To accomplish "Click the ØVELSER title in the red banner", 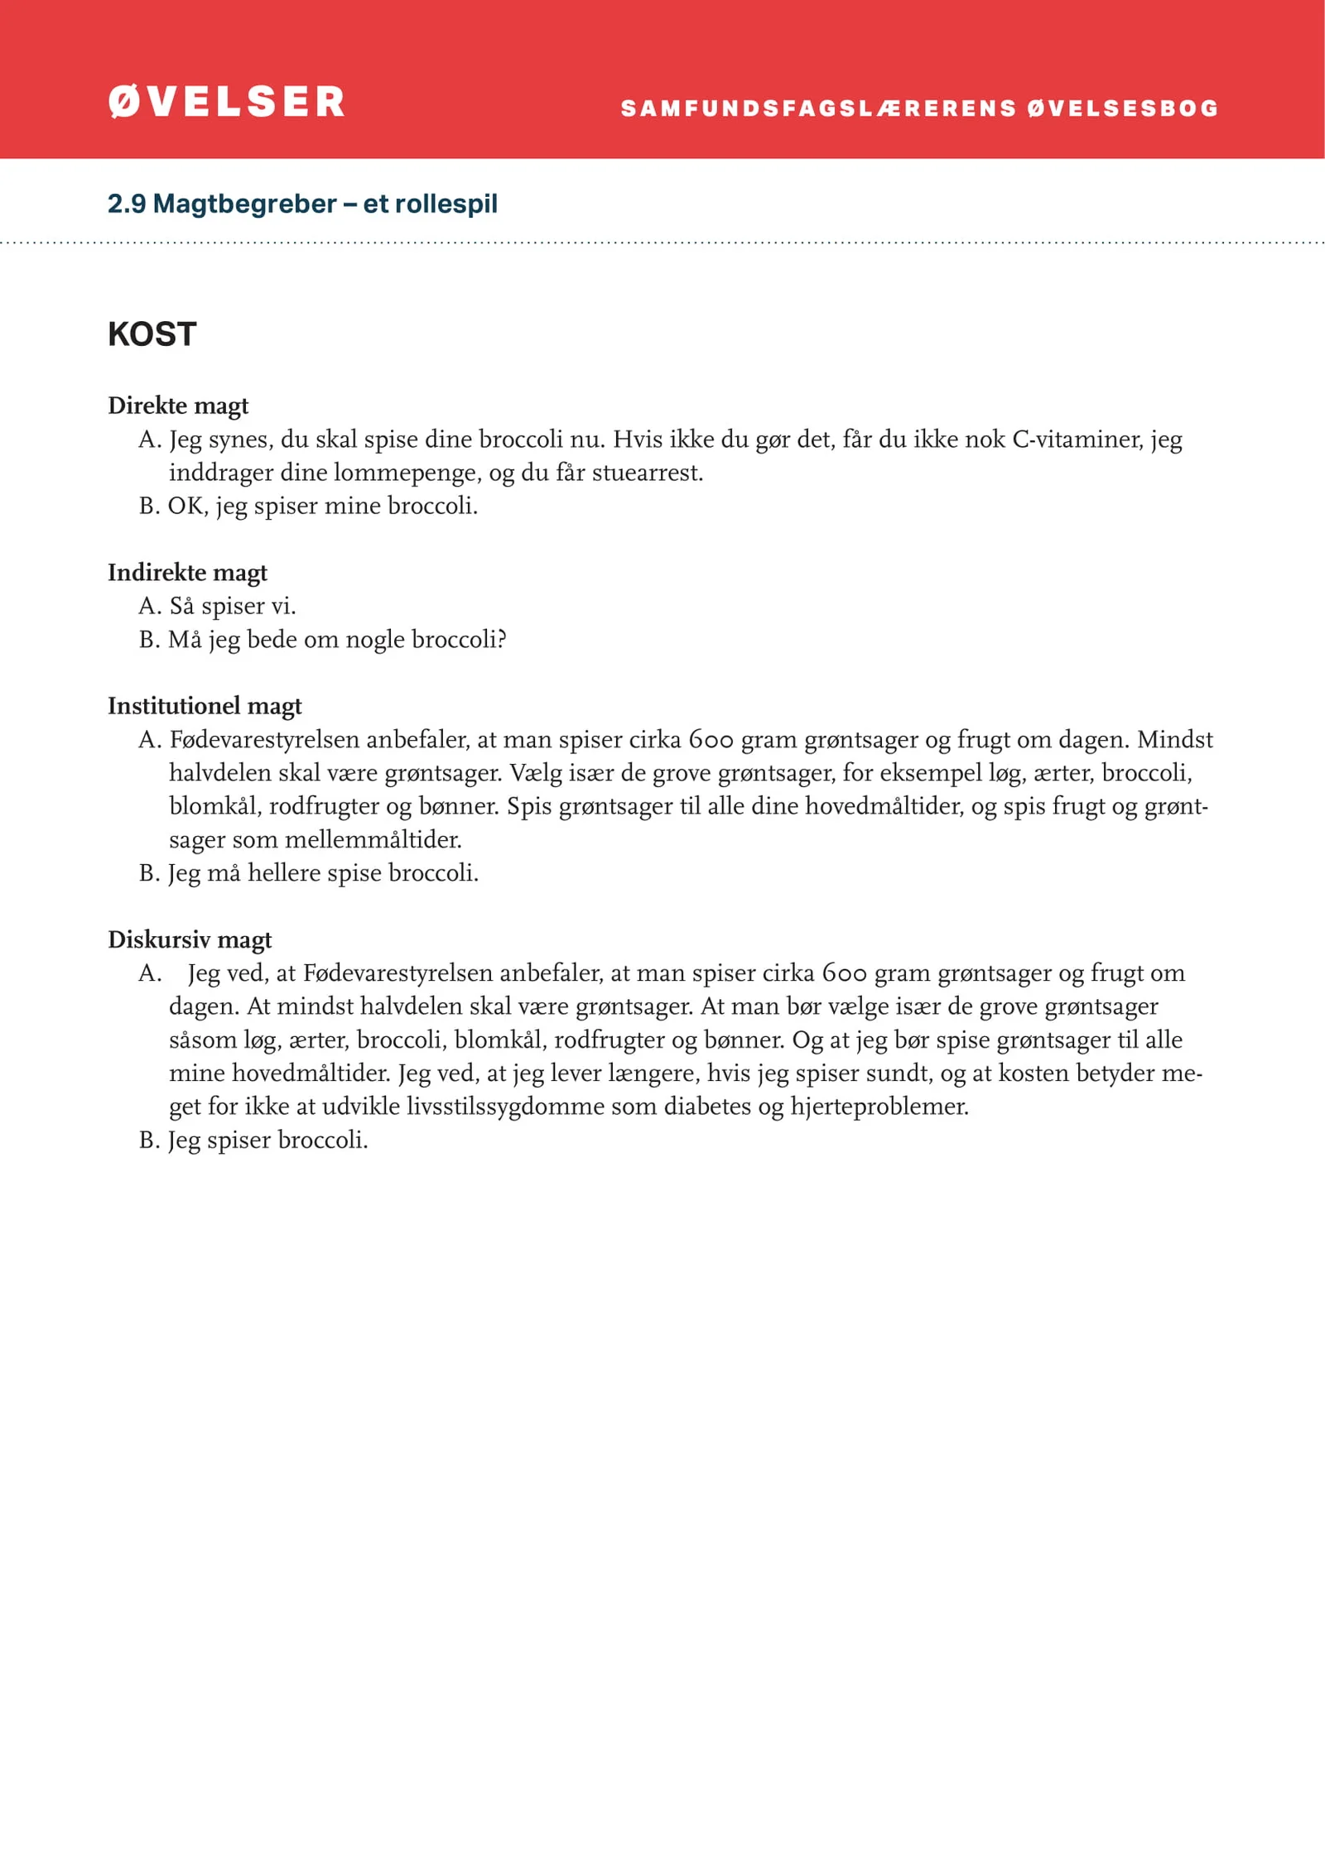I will coord(226,102).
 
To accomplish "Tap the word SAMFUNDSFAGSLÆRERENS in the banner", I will coord(818,108).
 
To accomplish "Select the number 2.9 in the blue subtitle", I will coord(126,204).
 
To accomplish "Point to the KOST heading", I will coord(152,334).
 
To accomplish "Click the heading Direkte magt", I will coord(178,406).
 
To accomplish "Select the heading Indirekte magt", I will coord(187,573).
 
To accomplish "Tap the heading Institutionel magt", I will coord(205,706).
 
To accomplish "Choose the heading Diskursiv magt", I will coord(190,939).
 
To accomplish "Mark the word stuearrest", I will coord(646,473).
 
